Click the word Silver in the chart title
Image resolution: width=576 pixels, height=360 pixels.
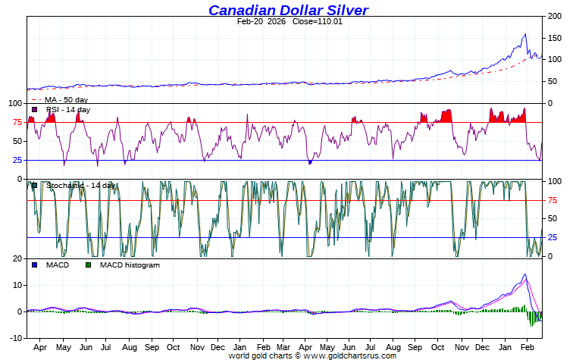(343, 10)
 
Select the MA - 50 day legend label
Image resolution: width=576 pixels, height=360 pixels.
(66, 99)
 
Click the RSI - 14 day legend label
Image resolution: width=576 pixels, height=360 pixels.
(67, 110)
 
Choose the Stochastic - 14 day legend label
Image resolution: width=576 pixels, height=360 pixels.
(80, 185)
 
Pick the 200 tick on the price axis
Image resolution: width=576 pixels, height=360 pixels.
(554, 16)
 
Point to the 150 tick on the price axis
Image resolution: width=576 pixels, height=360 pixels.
(554, 38)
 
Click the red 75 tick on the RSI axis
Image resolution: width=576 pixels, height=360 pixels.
(16, 123)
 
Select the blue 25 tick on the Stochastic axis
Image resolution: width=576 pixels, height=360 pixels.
(553, 237)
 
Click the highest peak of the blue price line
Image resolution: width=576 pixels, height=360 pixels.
(525, 34)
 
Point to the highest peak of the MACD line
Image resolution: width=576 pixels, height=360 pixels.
(524, 274)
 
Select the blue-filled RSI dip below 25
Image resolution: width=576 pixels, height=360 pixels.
(310, 161)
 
